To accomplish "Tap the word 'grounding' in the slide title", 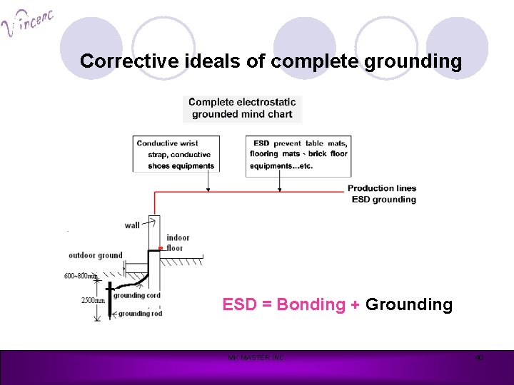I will tap(413, 61).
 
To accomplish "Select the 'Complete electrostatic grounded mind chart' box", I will tap(242, 108).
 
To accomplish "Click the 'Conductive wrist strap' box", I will tap(176, 155).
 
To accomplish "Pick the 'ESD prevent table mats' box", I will tap(298, 155).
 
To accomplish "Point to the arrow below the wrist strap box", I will tap(208, 183).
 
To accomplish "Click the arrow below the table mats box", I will tap(278, 183).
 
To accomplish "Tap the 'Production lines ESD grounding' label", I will tap(383, 194).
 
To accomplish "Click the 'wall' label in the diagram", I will tap(132, 225).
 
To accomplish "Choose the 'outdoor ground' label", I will tap(95, 255).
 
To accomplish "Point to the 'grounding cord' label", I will tap(136, 295).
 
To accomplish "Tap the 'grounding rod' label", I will tap(140, 313).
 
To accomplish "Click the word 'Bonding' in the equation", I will tap(311, 305).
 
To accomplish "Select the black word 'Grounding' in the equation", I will tap(408, 305).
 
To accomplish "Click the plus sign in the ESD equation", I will tap(355, 305).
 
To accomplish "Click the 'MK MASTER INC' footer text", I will tap(256, 358).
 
